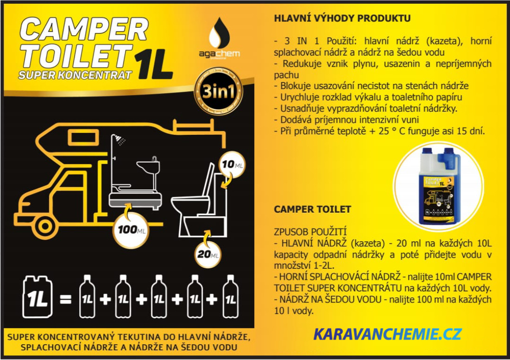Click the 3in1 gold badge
coord(218,91)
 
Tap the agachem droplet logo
coord(219,33)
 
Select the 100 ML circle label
coord(131,230)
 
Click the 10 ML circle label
coord(232,164)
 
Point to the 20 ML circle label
coord(208,254)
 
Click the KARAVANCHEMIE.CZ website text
coord(387,335)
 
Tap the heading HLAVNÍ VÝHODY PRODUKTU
coord(342,18)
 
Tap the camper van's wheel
coord(45,226)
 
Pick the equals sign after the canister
coord(66,299)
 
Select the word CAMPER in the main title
coord(84,29)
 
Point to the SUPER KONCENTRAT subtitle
coord(75,75)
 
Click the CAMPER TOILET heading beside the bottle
coord(312,209)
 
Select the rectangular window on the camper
coord(83,138)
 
